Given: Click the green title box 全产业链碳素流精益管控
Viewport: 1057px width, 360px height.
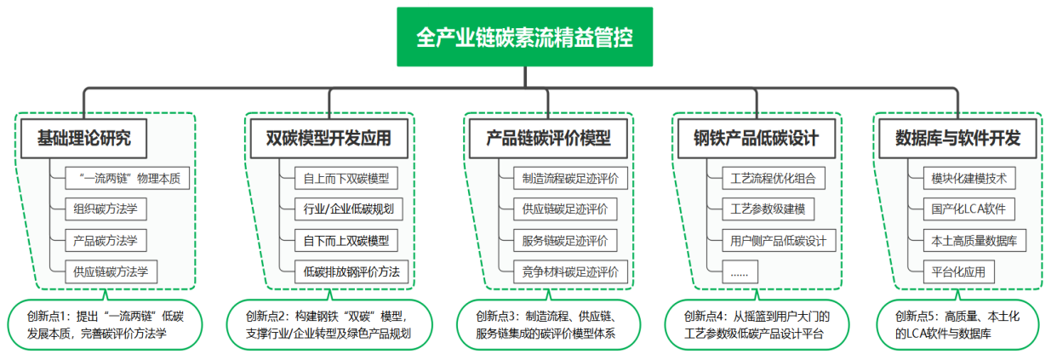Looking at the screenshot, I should [x=524, y=37].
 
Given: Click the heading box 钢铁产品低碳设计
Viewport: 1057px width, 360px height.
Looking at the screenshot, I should [x=756, y=137].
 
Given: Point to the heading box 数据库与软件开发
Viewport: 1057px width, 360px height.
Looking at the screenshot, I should [x=957, y=137].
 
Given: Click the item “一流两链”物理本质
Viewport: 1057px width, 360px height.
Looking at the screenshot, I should [x=128, y=179].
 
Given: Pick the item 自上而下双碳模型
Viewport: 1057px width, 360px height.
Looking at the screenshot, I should [x=346, y=179].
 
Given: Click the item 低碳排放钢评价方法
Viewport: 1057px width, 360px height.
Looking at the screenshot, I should [x=351, y=271].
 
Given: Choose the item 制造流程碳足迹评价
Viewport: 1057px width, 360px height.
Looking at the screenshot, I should [x=564, y=179].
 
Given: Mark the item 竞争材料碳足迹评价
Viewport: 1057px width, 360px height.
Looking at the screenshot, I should [x=564, y=271].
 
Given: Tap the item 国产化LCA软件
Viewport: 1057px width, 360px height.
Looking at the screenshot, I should [x=968, y=209].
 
